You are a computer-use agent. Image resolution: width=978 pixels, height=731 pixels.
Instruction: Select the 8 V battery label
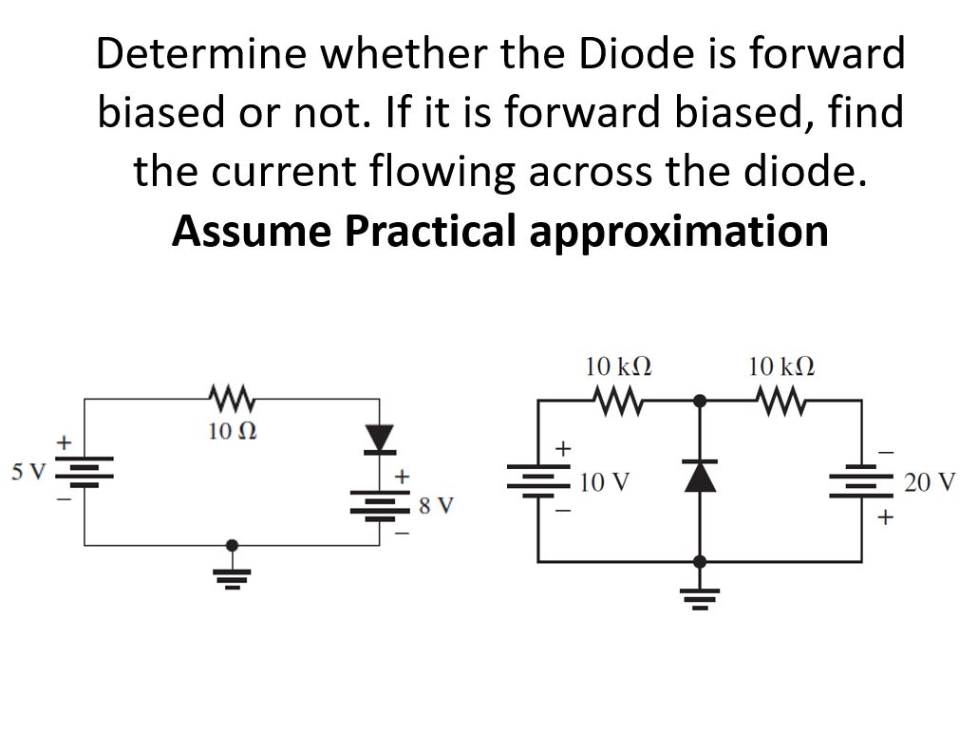click(436, 504)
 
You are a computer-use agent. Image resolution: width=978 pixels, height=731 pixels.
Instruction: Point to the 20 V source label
click(930, 482)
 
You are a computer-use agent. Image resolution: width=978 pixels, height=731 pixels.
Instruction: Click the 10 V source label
click(604, 482)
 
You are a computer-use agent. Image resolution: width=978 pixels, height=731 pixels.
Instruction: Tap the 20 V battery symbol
click(862, 482)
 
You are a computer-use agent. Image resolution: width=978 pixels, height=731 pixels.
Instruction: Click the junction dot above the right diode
click(701, 401)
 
